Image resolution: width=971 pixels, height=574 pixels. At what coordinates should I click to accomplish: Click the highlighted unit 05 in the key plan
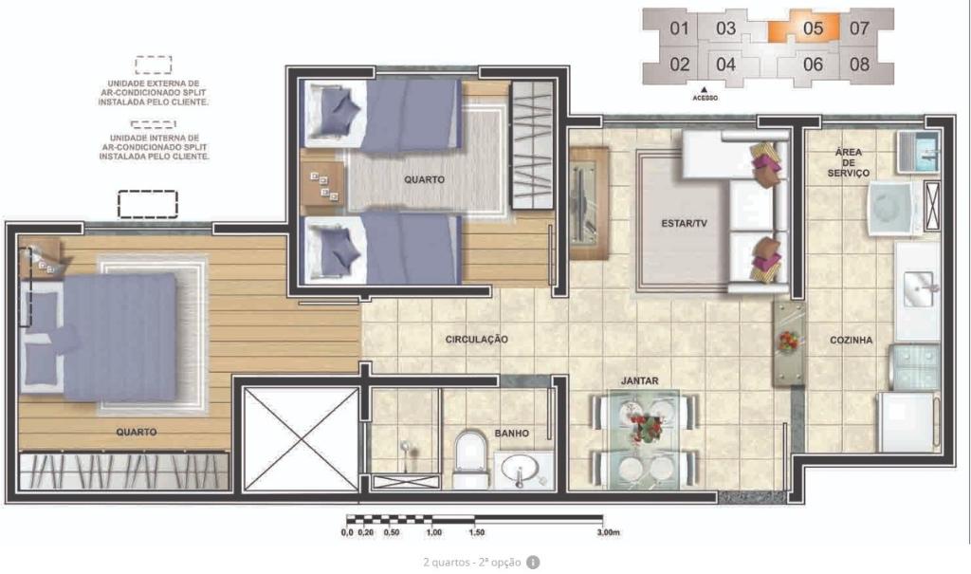[804, 28]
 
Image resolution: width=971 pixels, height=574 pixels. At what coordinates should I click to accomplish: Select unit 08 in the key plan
[859, 65]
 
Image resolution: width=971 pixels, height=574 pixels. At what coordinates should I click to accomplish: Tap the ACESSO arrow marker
[705, 89]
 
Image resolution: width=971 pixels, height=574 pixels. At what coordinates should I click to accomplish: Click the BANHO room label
[511, 434]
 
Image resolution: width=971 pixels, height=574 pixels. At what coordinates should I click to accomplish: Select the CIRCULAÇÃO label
[476, 339]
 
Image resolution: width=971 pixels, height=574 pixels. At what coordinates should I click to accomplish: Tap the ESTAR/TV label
[684, 223]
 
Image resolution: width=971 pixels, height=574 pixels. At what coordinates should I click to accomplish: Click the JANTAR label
[640, 380]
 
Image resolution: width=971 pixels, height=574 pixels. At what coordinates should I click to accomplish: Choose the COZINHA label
[851, 340]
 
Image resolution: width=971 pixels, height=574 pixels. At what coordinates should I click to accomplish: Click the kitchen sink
[918, 288]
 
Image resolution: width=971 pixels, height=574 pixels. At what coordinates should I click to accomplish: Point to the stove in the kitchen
[914, 366]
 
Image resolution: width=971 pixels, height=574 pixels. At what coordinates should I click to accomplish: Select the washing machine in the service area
[895, 208]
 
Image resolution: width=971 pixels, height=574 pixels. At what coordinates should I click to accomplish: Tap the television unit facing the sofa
[589, 203]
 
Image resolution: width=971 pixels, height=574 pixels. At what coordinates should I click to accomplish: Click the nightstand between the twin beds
[321, 186]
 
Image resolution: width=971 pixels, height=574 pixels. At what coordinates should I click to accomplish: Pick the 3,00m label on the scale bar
[609, 532]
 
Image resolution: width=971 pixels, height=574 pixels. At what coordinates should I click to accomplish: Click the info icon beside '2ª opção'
[533, 563]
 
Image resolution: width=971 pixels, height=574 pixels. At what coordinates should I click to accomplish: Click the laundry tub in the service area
[918, 152]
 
